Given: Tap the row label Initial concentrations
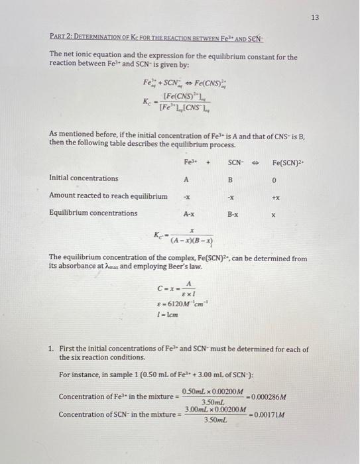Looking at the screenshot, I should click(84, 178).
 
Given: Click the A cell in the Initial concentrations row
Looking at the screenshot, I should click(186, 178).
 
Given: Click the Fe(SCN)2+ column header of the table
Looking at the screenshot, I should click(288, 162).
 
